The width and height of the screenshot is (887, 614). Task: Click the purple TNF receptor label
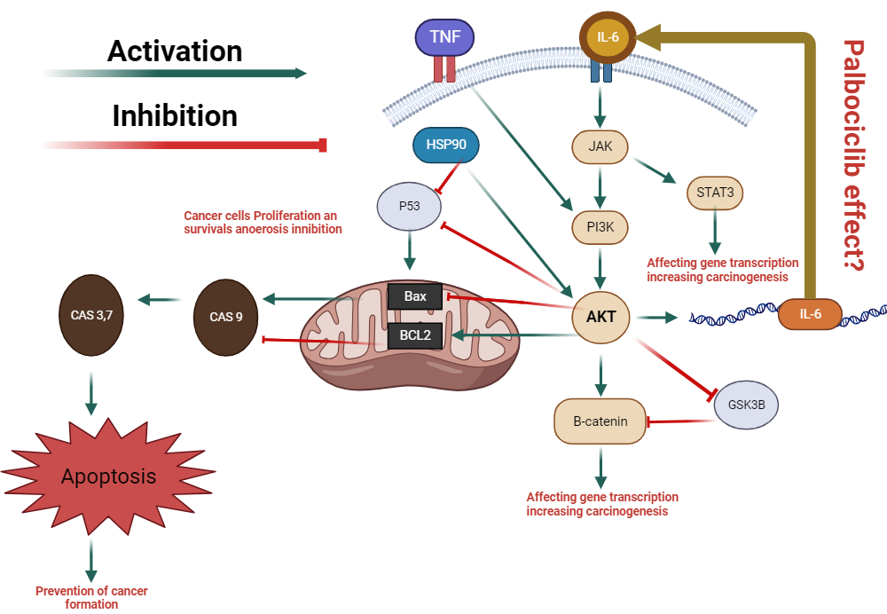(x=444, y=37)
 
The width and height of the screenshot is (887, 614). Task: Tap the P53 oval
(x=409, y=206)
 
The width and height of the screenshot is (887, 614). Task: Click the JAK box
(x=601, y=146)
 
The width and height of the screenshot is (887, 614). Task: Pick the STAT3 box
(x=715, y=192)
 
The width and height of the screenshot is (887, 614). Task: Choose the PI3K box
(x=601, y=227)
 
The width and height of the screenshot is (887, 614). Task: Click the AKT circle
(x=601, y=315)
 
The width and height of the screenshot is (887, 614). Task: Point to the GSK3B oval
(x=747, y=405)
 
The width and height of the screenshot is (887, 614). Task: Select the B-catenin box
(x=600, y=421)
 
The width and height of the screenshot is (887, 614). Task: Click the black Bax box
(x=415, y=296)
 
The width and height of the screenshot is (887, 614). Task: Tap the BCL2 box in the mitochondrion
(x=415, y=336)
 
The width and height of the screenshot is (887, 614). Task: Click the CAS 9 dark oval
(x=226, y=315)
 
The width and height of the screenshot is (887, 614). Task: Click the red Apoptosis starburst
(x=107, y=476)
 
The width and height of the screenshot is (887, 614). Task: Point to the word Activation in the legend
(x=175, y=51)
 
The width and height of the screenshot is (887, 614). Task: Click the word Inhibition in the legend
(x=175, y=115)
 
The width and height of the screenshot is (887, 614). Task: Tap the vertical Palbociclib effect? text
(x=853, y=155)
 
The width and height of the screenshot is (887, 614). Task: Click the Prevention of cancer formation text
(x=91, y=597)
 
